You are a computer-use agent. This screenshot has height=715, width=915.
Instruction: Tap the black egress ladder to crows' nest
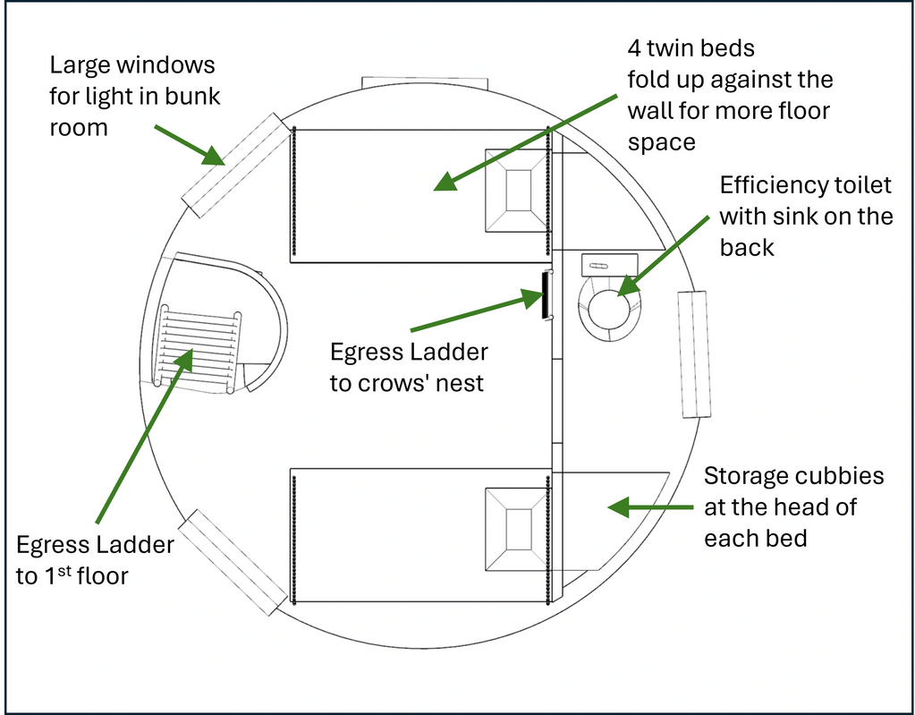point(544,294)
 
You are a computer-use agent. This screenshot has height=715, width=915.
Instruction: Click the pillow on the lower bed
point(516,530)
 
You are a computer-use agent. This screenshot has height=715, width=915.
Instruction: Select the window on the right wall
point(694,354)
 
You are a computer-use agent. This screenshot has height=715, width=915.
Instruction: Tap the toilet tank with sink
point(609,265)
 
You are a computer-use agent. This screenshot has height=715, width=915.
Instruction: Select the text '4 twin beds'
point(690,47)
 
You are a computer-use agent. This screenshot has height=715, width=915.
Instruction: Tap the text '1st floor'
point(85,575)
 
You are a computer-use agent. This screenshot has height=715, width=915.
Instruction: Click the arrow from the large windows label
point(189,145)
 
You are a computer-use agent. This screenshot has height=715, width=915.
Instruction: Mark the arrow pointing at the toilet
point(665,251)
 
